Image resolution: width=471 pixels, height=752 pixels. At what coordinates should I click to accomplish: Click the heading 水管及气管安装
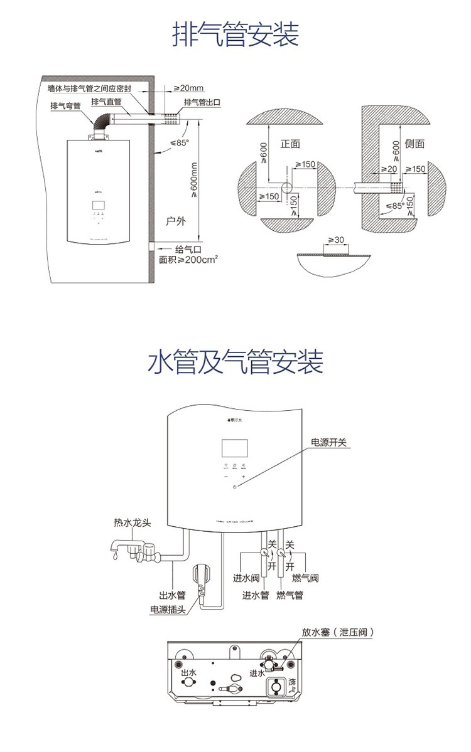click(235, 363)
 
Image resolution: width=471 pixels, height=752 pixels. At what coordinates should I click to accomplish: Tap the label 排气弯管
click(65, 105)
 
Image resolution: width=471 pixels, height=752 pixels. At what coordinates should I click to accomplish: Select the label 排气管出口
click(202, 102)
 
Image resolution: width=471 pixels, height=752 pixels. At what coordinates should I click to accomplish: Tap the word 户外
click(176, 221)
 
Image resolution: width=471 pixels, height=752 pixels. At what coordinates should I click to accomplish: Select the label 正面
click(290, 144)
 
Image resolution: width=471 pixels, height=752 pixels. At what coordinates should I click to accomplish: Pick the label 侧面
click(415, 144)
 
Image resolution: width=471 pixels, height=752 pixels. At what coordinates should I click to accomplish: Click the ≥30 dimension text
click(337, 240)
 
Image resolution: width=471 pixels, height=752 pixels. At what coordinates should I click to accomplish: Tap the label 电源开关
click(329, 442)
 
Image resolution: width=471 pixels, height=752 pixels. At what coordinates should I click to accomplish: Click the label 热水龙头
click(133, 522)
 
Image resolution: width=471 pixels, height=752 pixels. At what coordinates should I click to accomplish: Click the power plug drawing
click(200, 578)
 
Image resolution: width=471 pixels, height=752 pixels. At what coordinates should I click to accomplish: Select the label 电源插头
click(168, 609)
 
